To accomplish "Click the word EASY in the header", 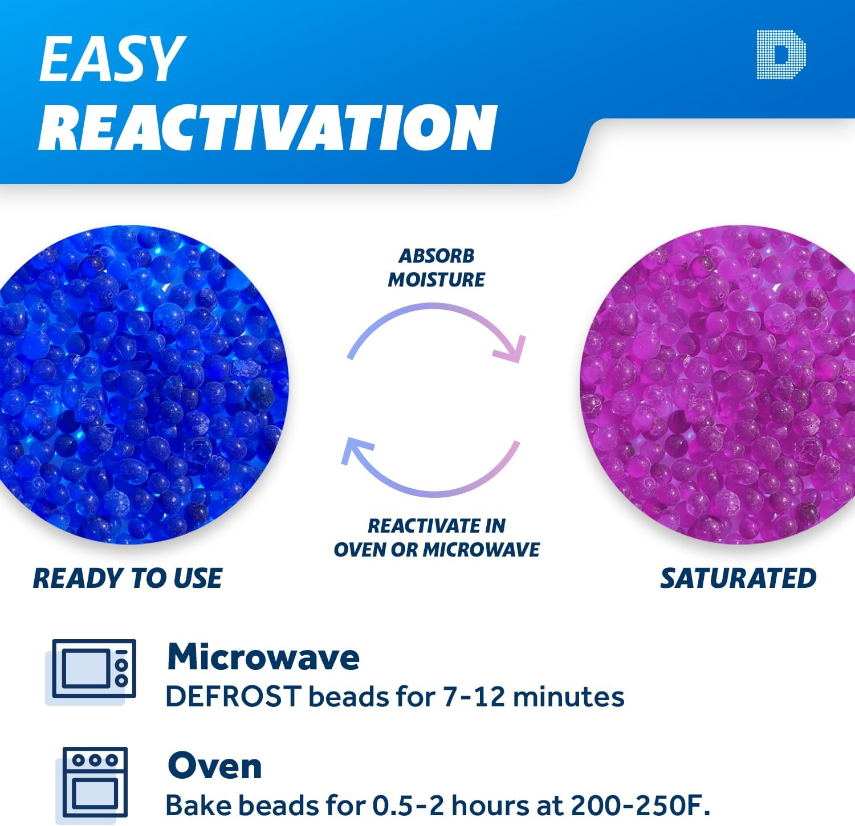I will click(112, 59).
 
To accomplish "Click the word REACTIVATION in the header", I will click(268, 128).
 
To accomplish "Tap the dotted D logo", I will click(781, 55).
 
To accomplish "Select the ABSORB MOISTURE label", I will click(437, 268).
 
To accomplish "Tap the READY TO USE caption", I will click(128, 578).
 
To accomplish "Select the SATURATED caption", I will click(738, 578).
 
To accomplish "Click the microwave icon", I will click(93, 669).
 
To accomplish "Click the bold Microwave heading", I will click(263, 657).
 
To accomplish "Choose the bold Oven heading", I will click(215, 766).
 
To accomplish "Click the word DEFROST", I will click(233, 697).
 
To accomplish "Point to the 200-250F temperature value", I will click(640, 805).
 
